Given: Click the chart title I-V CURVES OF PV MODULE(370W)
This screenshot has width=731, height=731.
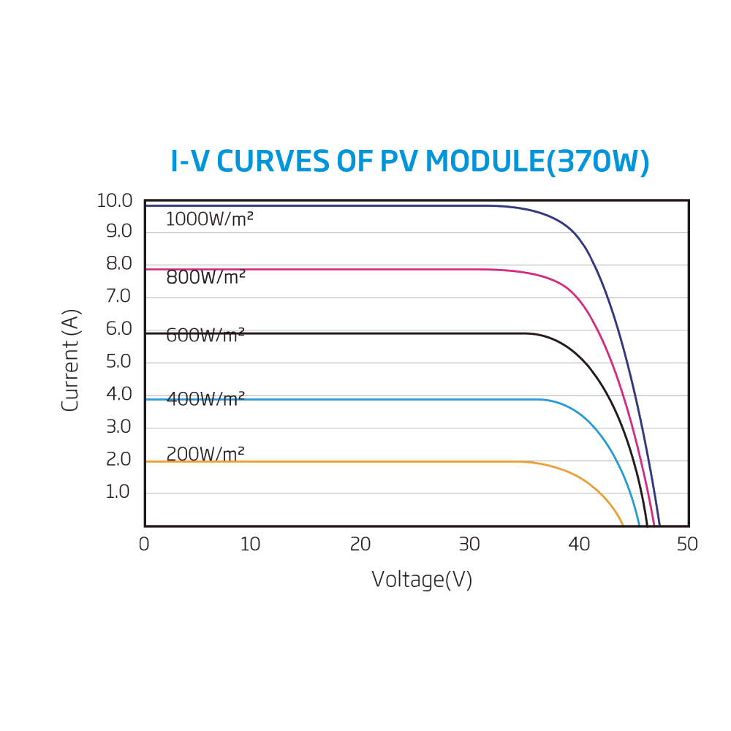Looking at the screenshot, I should click(409, 162).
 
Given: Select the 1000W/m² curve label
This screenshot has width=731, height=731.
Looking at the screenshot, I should click(209, 219).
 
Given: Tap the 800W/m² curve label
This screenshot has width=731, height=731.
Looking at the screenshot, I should click(205, 278).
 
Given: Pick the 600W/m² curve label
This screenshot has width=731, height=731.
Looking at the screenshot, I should click(205, 336).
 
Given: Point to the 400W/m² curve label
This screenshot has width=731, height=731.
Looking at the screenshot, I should click(205, 399).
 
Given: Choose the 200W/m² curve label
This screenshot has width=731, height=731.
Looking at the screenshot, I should click(205, 454).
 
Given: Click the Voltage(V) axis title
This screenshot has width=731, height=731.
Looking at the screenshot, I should click(422, 580).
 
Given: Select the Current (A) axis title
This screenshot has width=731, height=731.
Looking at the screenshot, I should click(70, 360).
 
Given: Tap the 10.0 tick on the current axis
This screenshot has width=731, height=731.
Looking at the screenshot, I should click(115, 201).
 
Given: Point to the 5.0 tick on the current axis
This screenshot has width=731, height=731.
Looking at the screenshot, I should click(119, 362).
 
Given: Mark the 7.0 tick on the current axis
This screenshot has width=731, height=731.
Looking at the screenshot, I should click(119, 297).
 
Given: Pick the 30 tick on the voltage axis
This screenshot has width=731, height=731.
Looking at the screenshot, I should click(469, 545).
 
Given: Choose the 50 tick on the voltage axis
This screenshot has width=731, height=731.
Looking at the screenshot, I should click(687, 545).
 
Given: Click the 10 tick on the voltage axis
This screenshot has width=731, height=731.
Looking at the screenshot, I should click(250, 545).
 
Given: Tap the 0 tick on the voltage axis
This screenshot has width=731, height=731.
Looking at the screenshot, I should click(144, 545).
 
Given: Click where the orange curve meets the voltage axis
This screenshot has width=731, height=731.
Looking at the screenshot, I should click(623, 525).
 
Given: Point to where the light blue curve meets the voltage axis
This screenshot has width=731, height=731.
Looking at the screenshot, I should click(639, 525).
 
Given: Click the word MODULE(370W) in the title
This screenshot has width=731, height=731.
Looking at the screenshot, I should click(537, 162).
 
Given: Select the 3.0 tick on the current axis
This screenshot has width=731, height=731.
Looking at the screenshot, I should click(119, 427).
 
